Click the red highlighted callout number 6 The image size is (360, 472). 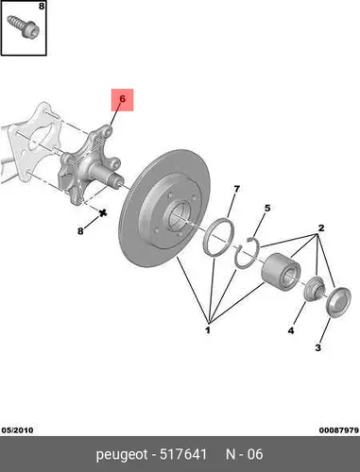click(122, 99)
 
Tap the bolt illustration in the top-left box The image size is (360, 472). click(24, 26)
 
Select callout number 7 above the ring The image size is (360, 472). click(236, 189)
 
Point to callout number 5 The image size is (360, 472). click(267, 208)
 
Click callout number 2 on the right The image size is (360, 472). click(321, 228)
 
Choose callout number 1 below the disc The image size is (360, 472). click(208, 330)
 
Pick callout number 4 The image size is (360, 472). click(291, 330)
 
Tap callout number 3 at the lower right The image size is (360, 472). click(318, 347)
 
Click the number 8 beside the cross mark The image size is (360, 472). click(80, 231)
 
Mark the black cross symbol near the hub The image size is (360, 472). click(103, 213)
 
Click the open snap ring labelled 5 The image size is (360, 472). click(248, 253)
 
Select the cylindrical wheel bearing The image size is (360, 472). click(281, 270)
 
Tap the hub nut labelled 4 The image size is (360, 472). click(315, 287)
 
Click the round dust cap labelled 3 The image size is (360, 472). click(338, 302)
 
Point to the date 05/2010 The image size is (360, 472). click(17, 430)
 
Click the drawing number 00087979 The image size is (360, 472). click(339, 430)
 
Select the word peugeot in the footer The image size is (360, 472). click(122, 455)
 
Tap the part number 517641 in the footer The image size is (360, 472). click(183, 454)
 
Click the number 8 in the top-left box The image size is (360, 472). click(42, 6)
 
